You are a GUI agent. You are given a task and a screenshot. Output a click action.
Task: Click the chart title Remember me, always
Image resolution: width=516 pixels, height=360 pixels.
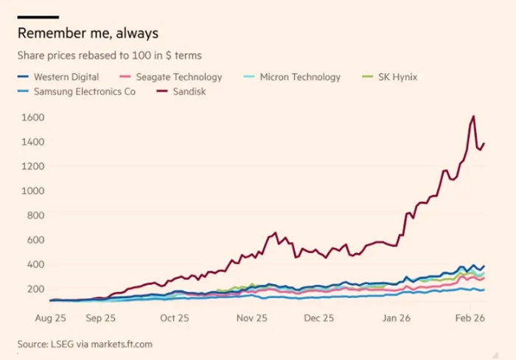coord(88,33)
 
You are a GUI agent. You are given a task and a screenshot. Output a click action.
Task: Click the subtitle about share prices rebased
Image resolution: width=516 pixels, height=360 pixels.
coord(109,55)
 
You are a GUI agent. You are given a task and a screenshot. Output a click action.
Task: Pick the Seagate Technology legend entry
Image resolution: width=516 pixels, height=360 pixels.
coord(176,77)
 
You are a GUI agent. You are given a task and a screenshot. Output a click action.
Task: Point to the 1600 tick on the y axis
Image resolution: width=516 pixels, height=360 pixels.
coord(33,117)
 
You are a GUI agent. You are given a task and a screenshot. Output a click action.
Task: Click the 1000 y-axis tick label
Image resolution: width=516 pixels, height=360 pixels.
coord(33,190)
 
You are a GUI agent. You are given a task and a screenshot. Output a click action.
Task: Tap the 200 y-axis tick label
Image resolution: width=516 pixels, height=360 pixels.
coord(36,288)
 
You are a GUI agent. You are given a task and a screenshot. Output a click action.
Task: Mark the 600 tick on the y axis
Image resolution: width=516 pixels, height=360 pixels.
coord(36,240)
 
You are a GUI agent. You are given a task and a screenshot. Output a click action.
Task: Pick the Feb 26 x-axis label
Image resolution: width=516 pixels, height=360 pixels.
coord(469,318)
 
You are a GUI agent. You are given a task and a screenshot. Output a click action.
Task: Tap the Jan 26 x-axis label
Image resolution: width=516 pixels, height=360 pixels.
coord(396,318)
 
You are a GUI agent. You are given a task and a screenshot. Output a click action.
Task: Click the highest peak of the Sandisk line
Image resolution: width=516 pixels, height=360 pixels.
coord(473,117)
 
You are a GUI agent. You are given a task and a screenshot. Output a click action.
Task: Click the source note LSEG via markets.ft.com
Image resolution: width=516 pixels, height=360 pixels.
coord(85,344)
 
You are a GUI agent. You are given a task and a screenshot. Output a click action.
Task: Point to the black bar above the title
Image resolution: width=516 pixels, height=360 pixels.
coord(38,16)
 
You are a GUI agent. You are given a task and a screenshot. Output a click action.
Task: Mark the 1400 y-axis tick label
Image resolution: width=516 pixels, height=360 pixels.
coord(33,142)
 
